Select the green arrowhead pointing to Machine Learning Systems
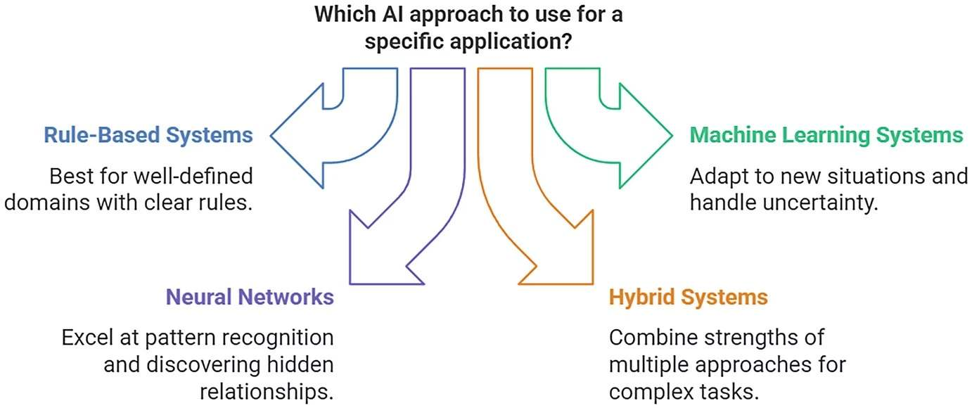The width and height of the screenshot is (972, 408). [644, 134]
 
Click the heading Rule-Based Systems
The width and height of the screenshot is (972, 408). [148, 135]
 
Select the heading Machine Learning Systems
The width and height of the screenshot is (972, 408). [826, 135]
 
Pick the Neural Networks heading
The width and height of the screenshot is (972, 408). [250, 297]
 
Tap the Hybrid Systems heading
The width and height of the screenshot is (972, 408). [688, 297]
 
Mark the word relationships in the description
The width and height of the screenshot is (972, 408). [267, 392]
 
